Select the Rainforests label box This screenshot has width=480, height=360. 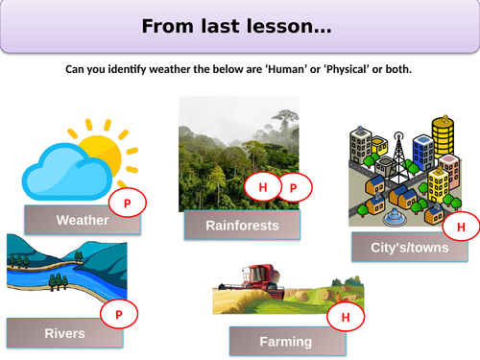[x=242, y=226]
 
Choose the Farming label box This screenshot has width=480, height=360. [x=285, y=341]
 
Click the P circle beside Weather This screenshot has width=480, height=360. [x=128, y=203]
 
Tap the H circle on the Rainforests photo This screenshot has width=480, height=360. [x=262, y=187]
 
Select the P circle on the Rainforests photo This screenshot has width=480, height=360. [x=295, y=187]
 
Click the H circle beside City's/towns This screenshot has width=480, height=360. [x=460, y=227]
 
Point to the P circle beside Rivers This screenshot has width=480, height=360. [x=120, y=314]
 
